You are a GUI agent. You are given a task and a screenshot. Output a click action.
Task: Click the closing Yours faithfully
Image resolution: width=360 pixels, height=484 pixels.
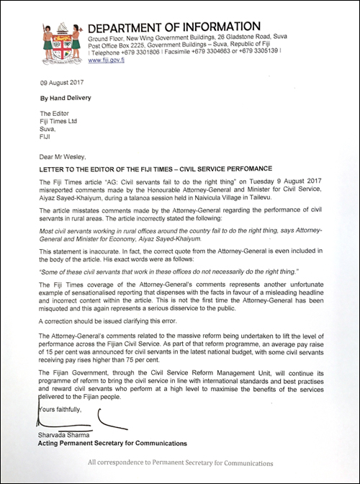(53, 408)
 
